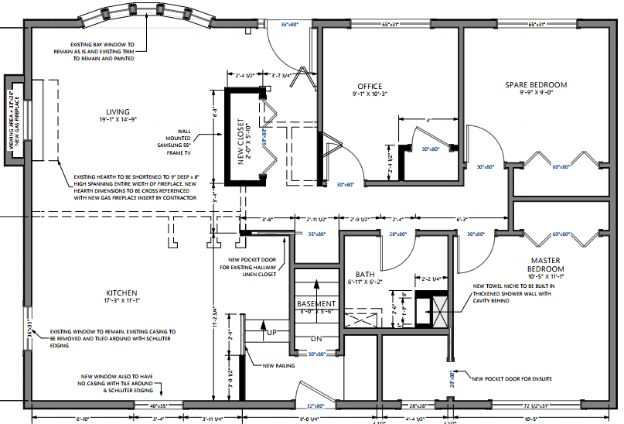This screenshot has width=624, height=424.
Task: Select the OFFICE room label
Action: click(370, 86)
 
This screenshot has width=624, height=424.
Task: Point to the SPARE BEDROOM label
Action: click(536, 84)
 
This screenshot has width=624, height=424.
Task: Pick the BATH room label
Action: click(365, 275)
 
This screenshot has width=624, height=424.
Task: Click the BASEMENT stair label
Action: click(317, 304)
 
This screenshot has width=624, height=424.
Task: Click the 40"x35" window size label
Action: click(158, 405)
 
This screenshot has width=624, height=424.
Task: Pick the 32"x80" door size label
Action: click(314, 405)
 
